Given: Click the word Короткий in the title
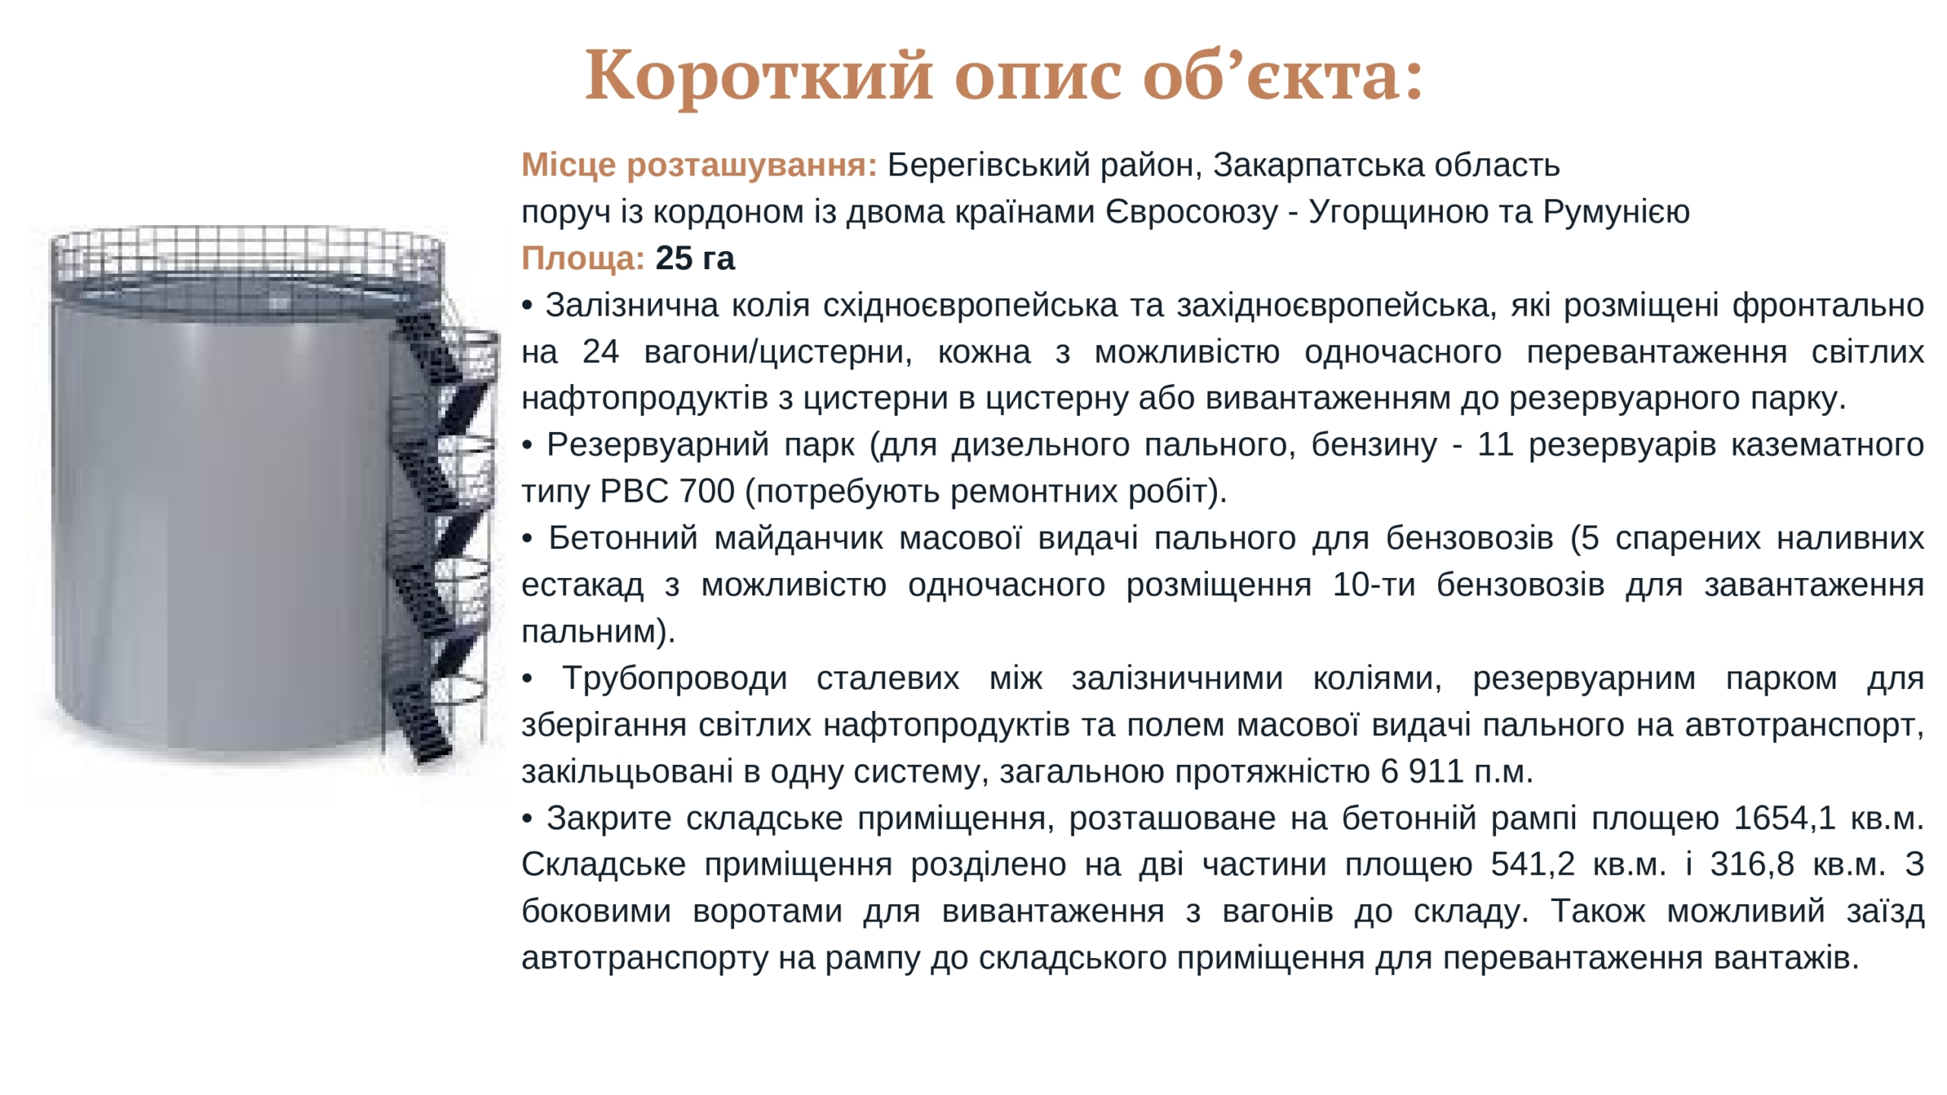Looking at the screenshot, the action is pos(759,76).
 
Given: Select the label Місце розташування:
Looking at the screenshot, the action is pos(699,165).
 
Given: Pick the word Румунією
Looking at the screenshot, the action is pos(1616,212).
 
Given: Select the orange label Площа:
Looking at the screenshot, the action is pos(583,259).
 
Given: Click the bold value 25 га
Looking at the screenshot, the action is pos(695,259).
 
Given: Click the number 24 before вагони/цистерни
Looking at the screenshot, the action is pos(601,352).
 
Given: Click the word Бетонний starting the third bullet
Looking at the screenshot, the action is pos(623,538).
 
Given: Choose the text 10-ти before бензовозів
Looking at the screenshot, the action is pos(1374,586).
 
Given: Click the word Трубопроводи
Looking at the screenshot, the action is pos(675,678).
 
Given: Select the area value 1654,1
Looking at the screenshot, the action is pos(1785,819).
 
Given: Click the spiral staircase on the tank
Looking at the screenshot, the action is pos(441,532).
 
